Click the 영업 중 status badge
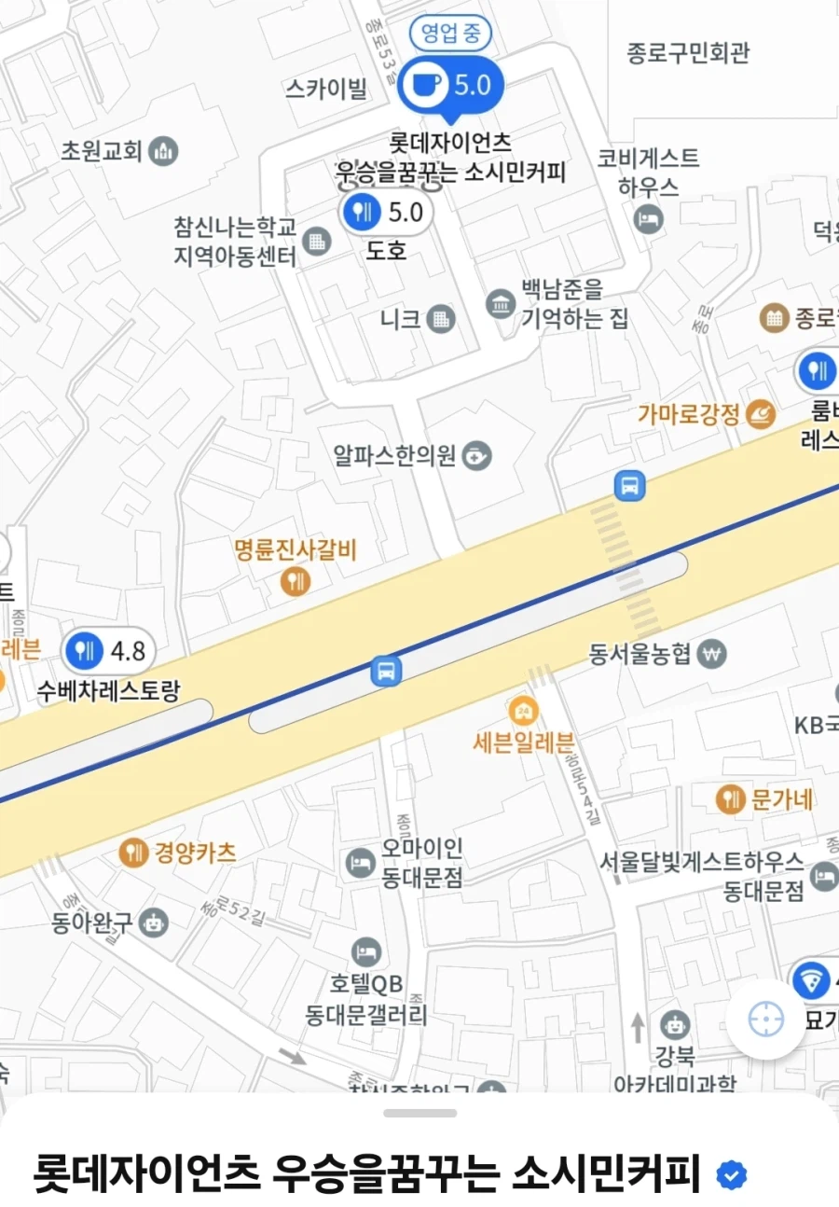[x=450, y=35]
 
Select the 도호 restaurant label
[x=385, y=250]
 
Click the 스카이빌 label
[x=326, y=89]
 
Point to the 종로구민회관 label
[x=688, y=52]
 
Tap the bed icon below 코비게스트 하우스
[x=647, y=220]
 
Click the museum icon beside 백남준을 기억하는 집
[x=501, y=303]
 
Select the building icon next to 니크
[x=440, y=320]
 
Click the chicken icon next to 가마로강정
[x=762, y=414]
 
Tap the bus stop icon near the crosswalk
[x=630, y=485]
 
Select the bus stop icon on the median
[x=385, y=670]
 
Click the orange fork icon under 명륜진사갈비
[x=296, y=582]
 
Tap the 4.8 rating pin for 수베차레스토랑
[x=109, y=650]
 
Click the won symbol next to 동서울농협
[x=711, y=654]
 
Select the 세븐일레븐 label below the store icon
[x=523, y=743]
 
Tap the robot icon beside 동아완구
[x=153, y=923]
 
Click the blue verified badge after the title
[x=731, y=1175]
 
